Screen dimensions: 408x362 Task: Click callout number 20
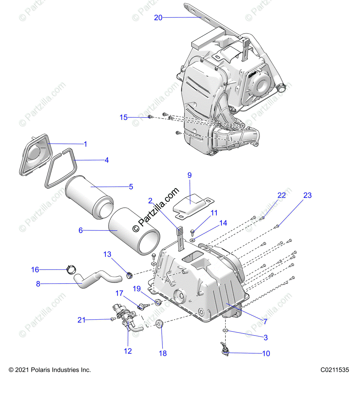click(x=158, y=18)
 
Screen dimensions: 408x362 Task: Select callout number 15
click(x=123, y=117)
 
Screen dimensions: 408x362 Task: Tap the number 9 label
click(x=189, y=175)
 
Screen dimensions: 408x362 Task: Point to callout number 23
click(x=307, y=195)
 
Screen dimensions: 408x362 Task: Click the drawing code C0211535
click(x=334, y=370)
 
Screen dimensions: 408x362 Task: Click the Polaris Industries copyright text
click(x=50, y=370)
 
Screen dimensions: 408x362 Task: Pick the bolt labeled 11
click(x=193, y=232)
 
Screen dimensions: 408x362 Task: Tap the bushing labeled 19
click(x=158, y=302)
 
